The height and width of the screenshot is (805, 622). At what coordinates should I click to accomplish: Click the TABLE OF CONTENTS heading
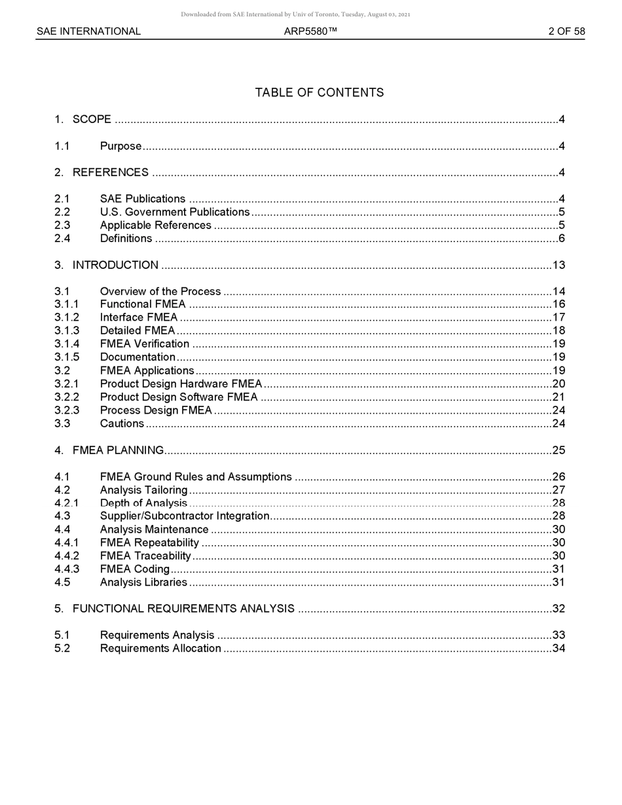[x=319, y=93]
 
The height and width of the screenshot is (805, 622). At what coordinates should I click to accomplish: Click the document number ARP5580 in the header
[x=310, y=31]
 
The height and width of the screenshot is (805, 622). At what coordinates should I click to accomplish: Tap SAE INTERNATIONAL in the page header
[x=88, y=31]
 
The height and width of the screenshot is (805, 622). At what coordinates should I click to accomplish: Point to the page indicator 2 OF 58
[x=566, y=31]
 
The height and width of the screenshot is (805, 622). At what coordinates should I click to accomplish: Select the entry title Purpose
[x=120, y=146]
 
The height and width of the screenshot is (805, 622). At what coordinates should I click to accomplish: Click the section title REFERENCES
[x=110, y=173]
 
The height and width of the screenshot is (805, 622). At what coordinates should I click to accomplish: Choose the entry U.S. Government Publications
[x=175, y=212]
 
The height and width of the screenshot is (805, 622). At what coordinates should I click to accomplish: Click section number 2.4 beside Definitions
[x=62, y=238]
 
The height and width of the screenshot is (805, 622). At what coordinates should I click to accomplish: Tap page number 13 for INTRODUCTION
[x=558, y=265]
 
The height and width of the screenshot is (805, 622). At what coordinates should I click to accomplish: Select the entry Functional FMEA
[x=143, y=304]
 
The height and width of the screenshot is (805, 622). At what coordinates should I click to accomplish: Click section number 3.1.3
[x=67, y=331]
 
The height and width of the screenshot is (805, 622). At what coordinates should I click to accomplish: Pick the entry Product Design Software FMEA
[x=179, y=397]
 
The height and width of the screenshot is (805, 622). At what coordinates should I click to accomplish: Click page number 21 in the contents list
[x=558, y=397]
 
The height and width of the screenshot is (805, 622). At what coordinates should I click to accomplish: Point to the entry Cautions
[x=122, y=423]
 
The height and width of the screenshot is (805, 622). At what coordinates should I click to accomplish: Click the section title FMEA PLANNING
[x=118, y=450]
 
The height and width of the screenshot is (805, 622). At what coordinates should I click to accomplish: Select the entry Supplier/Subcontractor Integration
[x=185, y=516]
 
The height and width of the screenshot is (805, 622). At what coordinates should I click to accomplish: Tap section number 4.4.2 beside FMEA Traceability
[x=67, y=556]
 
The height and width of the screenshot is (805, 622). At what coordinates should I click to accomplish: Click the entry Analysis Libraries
[x=143, y=582]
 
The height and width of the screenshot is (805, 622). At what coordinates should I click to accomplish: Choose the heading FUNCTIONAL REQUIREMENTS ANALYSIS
[x=183, y=609]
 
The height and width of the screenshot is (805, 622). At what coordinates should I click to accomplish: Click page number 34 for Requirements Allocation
[x=558, y=649]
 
